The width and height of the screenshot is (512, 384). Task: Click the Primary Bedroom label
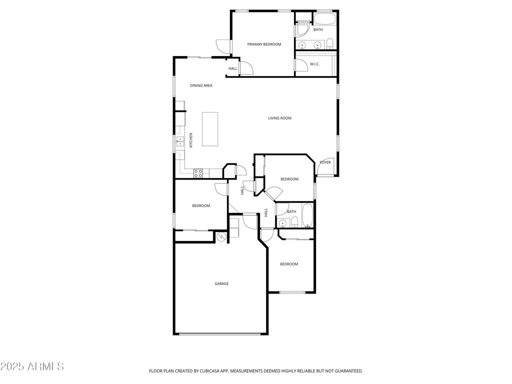(264, 44)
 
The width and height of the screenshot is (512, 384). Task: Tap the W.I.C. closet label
(314, 64)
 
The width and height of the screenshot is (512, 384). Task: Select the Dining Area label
(201, 85)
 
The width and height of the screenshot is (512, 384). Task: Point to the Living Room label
(279, 118)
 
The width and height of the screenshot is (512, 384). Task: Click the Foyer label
(325, 162)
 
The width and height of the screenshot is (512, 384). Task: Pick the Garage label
(221, 283)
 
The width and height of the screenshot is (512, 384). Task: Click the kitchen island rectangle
(210, 129)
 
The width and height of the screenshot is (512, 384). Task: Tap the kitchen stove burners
(198, 173)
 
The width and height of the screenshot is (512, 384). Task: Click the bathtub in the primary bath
(325, 19)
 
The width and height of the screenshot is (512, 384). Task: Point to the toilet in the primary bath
(330, 42)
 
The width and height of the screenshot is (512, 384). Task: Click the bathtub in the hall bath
(308, 215)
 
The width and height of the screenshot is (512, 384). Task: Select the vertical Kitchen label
(191, 140)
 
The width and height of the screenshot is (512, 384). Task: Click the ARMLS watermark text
(32, 366)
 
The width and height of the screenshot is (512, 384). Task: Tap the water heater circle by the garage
(221, 236)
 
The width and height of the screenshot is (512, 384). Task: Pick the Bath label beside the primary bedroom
(318, 29)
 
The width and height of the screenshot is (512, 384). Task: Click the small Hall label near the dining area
(232, 68)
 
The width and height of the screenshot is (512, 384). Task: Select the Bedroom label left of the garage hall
(201, 205)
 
